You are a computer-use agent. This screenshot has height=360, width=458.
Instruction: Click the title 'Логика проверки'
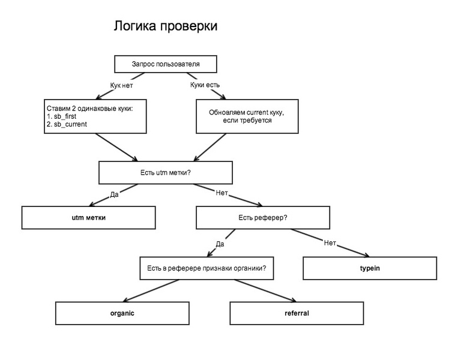(165, 26)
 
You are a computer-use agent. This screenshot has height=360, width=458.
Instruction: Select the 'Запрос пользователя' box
(165, 64)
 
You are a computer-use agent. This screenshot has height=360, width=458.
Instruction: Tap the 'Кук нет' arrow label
(121, 85)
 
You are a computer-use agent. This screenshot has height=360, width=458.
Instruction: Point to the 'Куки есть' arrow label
(205, 85)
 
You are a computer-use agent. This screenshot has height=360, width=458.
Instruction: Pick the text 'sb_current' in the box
(70, 124)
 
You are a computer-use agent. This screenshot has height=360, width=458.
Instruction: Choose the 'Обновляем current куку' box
(246, 116)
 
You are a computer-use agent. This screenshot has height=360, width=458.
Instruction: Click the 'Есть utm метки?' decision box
(165, 173)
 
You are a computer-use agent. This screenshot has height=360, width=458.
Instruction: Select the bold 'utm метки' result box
(88, 217)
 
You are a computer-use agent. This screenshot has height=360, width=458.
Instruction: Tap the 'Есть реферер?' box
(263, 217)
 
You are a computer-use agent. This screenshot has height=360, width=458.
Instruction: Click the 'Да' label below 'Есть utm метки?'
(114, 194)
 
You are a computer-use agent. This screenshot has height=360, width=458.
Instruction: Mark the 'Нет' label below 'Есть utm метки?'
(221, 193)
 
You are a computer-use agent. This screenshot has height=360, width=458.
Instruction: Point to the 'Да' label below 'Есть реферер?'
(220, 244)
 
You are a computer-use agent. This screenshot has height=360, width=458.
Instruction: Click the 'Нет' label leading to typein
(330, 243)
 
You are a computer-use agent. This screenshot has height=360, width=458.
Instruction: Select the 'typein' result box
(369, 268)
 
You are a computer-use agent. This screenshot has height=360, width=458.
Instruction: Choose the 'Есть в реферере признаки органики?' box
(206, 268)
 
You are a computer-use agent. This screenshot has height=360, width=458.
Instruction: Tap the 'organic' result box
(122, 313)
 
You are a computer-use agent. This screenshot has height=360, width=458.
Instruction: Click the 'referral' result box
(297, 313)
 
